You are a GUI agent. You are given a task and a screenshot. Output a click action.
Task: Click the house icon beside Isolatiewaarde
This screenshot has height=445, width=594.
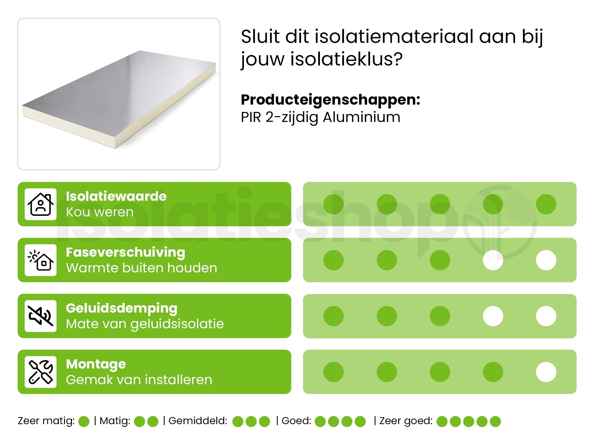click(41, 204)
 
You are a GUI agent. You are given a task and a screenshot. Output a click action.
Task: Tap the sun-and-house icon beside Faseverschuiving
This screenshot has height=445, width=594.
click(41, 260)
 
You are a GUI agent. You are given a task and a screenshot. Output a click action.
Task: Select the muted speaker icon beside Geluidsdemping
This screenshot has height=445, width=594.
click(41, 316)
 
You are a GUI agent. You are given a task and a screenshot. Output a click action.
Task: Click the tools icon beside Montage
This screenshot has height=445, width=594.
click(41, 372)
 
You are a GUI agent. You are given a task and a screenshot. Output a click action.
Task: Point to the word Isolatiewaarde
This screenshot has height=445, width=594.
click(116, 196)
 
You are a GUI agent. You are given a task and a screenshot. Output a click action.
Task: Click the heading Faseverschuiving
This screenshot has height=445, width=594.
click(125, 252)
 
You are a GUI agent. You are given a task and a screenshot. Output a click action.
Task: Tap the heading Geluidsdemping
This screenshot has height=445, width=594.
click(122, 308)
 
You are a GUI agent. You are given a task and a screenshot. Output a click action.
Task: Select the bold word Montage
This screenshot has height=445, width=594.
click(96, 364)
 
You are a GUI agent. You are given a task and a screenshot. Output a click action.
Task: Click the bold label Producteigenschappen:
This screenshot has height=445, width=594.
click(330, 100)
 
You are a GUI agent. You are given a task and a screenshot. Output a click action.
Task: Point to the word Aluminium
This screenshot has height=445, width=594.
click(361, 117)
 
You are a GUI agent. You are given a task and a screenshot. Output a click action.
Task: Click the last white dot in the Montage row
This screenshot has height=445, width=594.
click(546, 372)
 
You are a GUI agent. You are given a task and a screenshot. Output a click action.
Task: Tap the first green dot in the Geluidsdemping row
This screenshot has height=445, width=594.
click(334, 316)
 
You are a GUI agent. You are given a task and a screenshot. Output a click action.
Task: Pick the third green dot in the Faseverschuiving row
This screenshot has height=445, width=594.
click(440, 260)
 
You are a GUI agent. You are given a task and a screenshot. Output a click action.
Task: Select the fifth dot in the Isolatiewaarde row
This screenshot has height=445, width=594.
click(546, 204)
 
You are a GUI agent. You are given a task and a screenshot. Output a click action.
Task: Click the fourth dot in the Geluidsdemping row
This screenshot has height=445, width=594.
click(493, 316)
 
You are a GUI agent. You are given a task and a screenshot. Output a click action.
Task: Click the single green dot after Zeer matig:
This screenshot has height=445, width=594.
click(84, 422)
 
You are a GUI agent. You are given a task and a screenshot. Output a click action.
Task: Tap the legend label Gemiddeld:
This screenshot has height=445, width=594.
click(198, 421)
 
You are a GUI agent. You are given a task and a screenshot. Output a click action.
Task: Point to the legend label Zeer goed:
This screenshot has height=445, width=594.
click(406, 421)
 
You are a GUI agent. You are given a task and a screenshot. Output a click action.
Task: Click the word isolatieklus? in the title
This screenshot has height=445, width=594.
click(346, 59)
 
